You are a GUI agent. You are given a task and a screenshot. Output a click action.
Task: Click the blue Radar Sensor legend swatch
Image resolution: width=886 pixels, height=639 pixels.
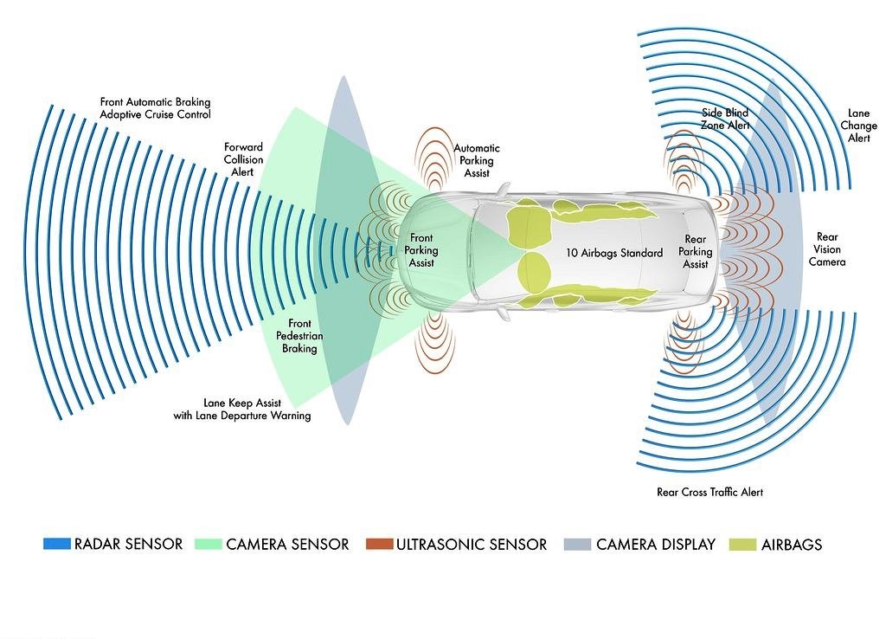[x=56, y=544]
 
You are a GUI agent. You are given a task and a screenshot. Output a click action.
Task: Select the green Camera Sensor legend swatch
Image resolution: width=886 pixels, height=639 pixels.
[x=208, y=544]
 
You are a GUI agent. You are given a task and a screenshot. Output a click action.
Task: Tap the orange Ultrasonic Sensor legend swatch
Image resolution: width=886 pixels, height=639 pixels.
[x=379, y=544]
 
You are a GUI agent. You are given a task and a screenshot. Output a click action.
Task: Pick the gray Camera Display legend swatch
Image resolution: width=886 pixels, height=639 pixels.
[x=577, y=544]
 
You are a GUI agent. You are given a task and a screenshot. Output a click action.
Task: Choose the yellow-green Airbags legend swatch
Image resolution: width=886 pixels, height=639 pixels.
[x=742, y=544]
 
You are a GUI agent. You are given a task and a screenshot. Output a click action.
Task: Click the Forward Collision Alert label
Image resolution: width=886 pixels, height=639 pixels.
[x=243, y=159]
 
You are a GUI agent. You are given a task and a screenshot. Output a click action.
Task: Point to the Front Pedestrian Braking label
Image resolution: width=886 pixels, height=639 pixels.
[x=299, y=336]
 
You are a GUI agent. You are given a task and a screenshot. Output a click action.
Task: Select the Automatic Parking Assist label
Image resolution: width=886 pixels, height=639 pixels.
[x=477, y=160]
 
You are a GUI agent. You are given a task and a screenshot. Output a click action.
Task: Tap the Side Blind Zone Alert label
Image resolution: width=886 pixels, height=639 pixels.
[x=725, y=119]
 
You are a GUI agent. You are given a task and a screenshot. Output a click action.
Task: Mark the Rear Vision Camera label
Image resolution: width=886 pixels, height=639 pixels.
[x=827, y=249]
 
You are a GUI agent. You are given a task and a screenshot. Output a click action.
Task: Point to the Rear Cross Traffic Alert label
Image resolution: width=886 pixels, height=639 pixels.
[x=709, y=492]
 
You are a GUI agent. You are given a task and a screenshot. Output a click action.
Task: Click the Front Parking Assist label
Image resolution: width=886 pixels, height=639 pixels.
[x=421, y=250]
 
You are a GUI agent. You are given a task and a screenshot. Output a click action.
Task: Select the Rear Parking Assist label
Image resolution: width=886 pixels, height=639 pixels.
[x=695, y=252]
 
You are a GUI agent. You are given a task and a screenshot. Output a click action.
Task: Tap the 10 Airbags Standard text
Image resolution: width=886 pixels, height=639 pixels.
[x=614, y=253]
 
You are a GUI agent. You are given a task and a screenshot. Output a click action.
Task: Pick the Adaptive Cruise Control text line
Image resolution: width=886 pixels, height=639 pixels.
[x=156, y=114]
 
